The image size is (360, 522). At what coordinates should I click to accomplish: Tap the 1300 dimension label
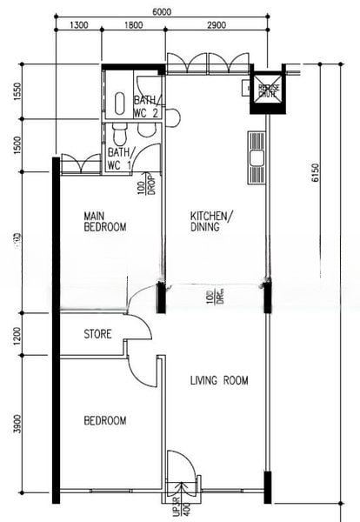tap(77, 26)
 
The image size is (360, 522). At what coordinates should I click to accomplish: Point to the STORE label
tap(97, 334)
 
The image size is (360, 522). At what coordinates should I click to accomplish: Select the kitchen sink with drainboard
tap(256, 157)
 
